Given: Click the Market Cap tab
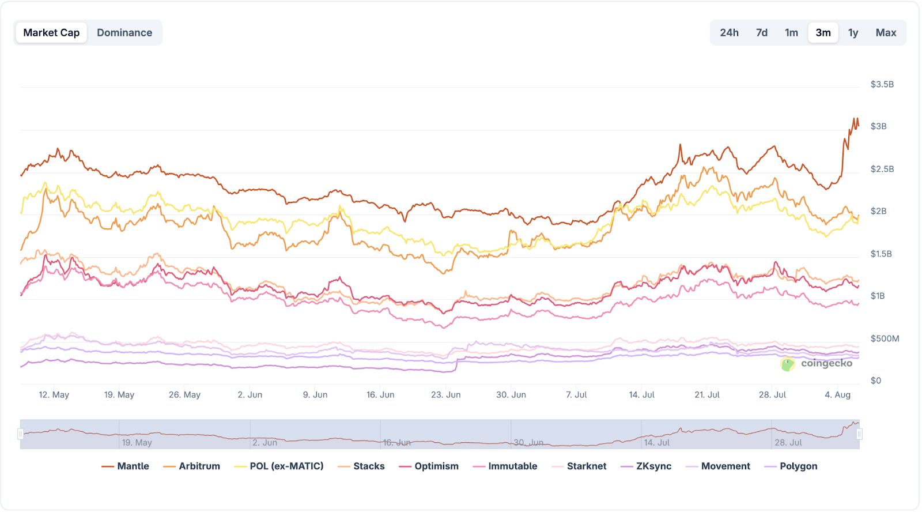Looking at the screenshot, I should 51,33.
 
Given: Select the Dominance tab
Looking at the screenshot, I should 124,33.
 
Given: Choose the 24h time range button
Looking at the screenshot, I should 729,33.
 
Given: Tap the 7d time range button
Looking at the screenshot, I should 762,33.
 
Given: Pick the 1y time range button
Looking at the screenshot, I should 853,33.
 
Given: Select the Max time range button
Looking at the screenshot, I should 886,33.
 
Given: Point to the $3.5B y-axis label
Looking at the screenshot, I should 882,84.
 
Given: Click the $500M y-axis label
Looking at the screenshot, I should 885,338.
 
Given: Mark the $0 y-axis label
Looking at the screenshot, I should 875,381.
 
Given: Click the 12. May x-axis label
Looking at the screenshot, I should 54,395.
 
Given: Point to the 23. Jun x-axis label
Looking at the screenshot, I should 445,395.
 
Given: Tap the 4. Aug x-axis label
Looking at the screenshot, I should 837,395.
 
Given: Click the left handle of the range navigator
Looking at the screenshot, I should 21,434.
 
